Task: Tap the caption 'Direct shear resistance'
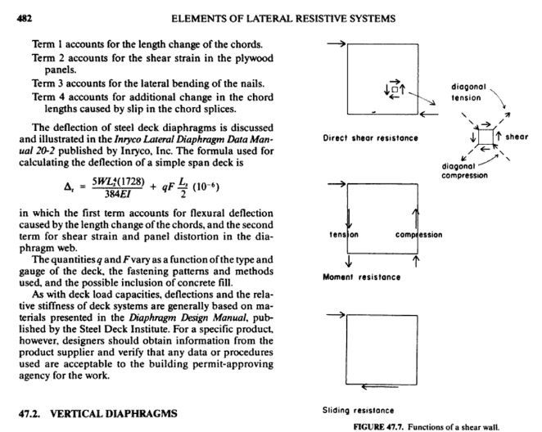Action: (x=371, y=137)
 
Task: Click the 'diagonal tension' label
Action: (x=470, y=92)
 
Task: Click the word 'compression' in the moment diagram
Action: (x=418, y=235)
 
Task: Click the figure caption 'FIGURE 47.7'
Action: (x=382, y=426)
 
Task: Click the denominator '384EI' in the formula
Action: (x=124, y=193)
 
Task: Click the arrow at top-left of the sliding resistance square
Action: (x=334, y=313)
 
